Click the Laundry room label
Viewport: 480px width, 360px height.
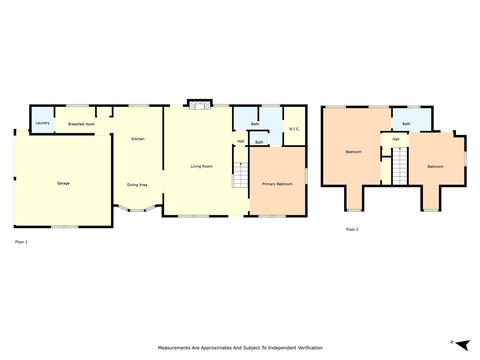[x=43, y=123]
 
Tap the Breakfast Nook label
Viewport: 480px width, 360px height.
[x=82, y=124]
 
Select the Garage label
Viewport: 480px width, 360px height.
[x=63, y=183]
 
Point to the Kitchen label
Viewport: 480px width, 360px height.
[x=138, y=139]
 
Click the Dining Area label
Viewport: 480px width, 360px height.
[x=137, y=185]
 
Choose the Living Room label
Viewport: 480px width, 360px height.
[x=202, y=166]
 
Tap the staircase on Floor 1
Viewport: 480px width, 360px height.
[x=240, y=175]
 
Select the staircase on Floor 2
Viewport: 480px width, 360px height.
[x=399, y=166]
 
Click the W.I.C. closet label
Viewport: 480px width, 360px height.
[x=294, y=129]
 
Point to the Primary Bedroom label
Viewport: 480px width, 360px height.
[x=277, y=184]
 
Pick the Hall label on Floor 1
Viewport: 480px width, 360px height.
[x=241, y=141]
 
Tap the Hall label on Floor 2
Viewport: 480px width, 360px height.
[x=396, y=139]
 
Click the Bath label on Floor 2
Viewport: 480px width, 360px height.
[x=406, y=124]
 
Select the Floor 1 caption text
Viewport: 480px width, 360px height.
[x=22, y=242]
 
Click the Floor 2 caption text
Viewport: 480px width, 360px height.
[x=352, y=229]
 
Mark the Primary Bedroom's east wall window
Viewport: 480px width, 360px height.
[x=306, y=176]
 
